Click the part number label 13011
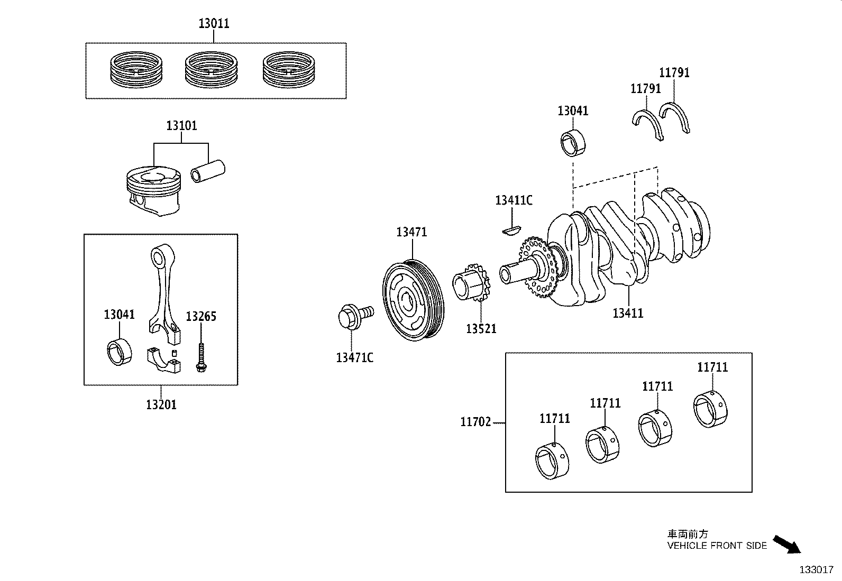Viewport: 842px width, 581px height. [214, 24]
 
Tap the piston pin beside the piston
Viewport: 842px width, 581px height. [208, 172]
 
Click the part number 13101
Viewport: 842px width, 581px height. [181, 126]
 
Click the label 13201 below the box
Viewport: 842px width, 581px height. [161, 405]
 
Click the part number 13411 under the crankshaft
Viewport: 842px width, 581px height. [628, 313]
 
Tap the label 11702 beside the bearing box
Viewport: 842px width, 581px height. [475, 422]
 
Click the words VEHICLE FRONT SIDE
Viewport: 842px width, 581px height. [717, 546]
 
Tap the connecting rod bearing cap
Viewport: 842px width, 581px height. [163, 359]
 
